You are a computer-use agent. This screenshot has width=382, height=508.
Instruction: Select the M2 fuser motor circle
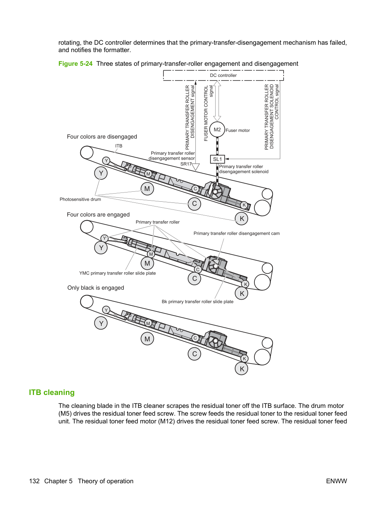coord(217,130)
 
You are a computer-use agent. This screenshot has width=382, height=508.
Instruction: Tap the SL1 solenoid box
coord(217,159)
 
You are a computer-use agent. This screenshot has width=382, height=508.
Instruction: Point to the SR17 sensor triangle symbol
coord(196,167)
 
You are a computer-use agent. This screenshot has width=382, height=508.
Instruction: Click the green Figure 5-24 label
coord(75,64)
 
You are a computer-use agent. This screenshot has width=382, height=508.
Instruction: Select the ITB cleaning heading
coord(52,392)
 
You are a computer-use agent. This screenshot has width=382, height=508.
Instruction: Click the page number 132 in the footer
coord(34,481)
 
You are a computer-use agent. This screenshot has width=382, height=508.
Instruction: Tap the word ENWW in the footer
coord(337,481)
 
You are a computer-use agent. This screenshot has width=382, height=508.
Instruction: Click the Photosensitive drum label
coord(80,199)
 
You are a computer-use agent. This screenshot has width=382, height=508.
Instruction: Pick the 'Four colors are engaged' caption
coord(98,215)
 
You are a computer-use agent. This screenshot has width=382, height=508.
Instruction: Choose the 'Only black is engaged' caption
coord(96,288)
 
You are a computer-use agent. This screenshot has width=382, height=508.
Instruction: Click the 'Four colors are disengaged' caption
coord(102,137)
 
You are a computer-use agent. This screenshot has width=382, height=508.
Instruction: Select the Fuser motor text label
coord(238,130)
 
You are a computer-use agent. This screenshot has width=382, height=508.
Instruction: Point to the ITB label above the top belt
coord(119,146)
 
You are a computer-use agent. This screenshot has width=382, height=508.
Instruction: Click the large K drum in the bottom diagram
coord(241,369)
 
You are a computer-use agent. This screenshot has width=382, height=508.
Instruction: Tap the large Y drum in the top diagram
coord(101,173)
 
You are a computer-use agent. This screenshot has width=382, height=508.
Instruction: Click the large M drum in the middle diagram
coord(147,263)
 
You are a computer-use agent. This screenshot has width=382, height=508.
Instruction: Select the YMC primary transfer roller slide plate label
coord(118,273)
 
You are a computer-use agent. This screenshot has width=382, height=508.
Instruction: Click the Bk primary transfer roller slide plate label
coord(197,301)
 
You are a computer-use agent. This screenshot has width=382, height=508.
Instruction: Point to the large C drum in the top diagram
coord(194,204)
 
